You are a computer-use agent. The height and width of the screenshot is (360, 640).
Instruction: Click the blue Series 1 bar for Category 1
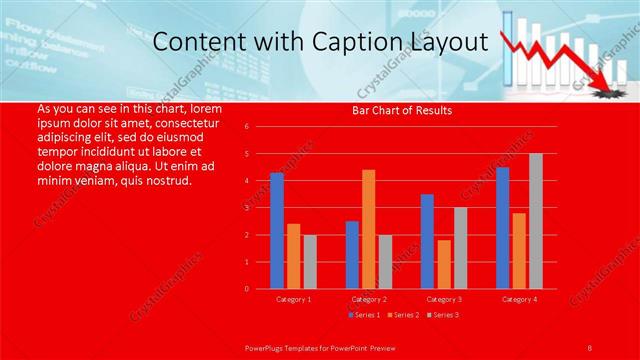pos(276,231)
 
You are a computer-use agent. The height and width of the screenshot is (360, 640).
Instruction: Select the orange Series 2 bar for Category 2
pos(368,229)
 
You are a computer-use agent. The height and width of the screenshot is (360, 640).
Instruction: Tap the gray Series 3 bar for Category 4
pos(536,221)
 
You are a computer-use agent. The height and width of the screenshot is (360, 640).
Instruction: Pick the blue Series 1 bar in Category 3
pos(427,241)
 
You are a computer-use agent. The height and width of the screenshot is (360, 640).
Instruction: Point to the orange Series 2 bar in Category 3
pos(443,264)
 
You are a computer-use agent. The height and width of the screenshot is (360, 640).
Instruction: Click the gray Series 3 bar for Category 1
pos(310,261)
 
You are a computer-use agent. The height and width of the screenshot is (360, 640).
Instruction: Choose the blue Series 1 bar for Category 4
pos(502,228)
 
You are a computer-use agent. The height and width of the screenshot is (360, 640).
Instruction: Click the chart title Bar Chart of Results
pos(401,111)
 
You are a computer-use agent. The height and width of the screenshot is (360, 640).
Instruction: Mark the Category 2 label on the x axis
pos(368,299)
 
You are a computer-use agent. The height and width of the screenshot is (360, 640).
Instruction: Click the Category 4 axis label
pos(518,299)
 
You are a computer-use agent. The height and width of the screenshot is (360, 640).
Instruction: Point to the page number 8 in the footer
pos(589,347)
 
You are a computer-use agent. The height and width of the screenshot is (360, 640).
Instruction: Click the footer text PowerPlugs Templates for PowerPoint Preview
pos(319,347)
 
